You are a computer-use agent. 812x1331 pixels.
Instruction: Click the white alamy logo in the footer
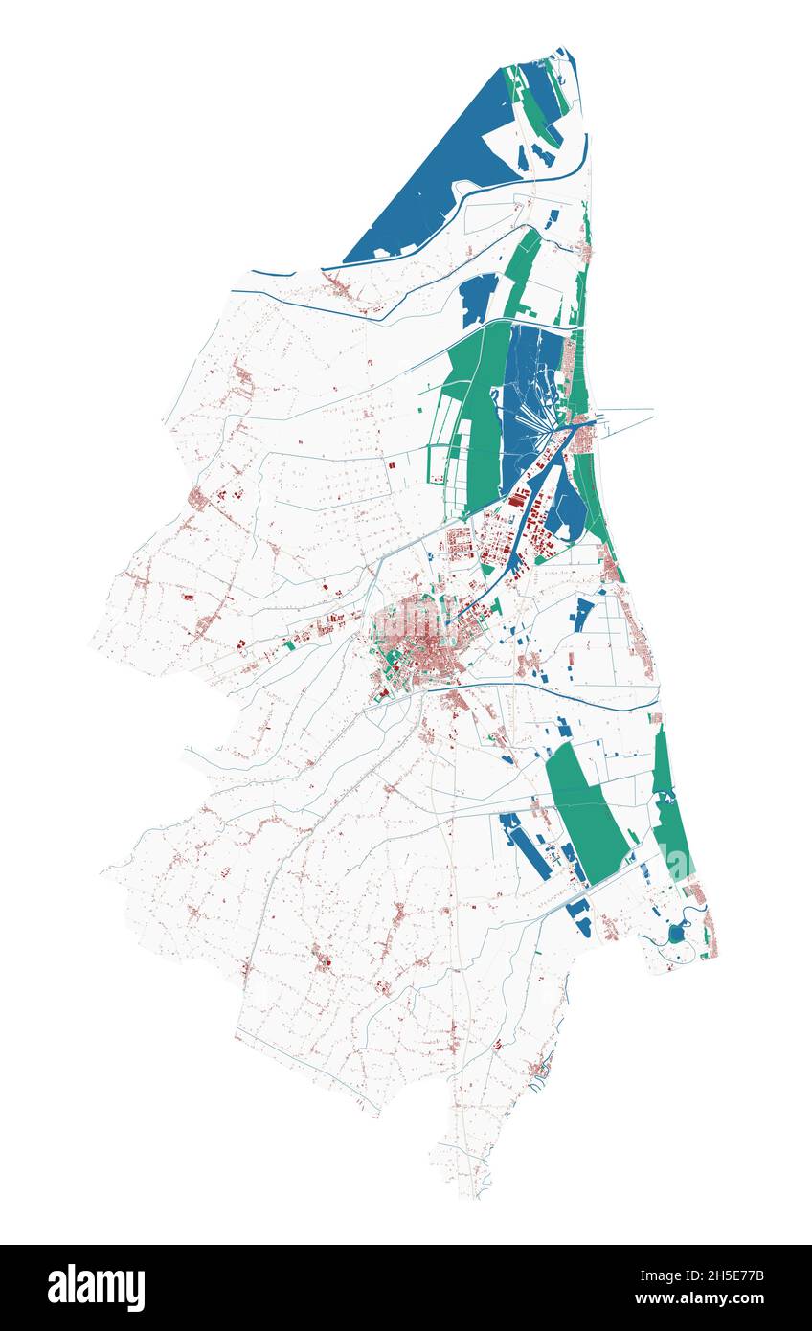pos(96,1287)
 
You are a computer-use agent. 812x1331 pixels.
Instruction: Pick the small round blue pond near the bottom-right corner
pos(677,933)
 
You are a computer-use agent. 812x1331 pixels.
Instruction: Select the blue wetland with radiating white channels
pos(531,402)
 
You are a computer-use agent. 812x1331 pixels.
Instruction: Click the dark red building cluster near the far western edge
pos(199,498)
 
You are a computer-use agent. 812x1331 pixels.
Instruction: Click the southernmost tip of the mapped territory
pos(474,1195)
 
